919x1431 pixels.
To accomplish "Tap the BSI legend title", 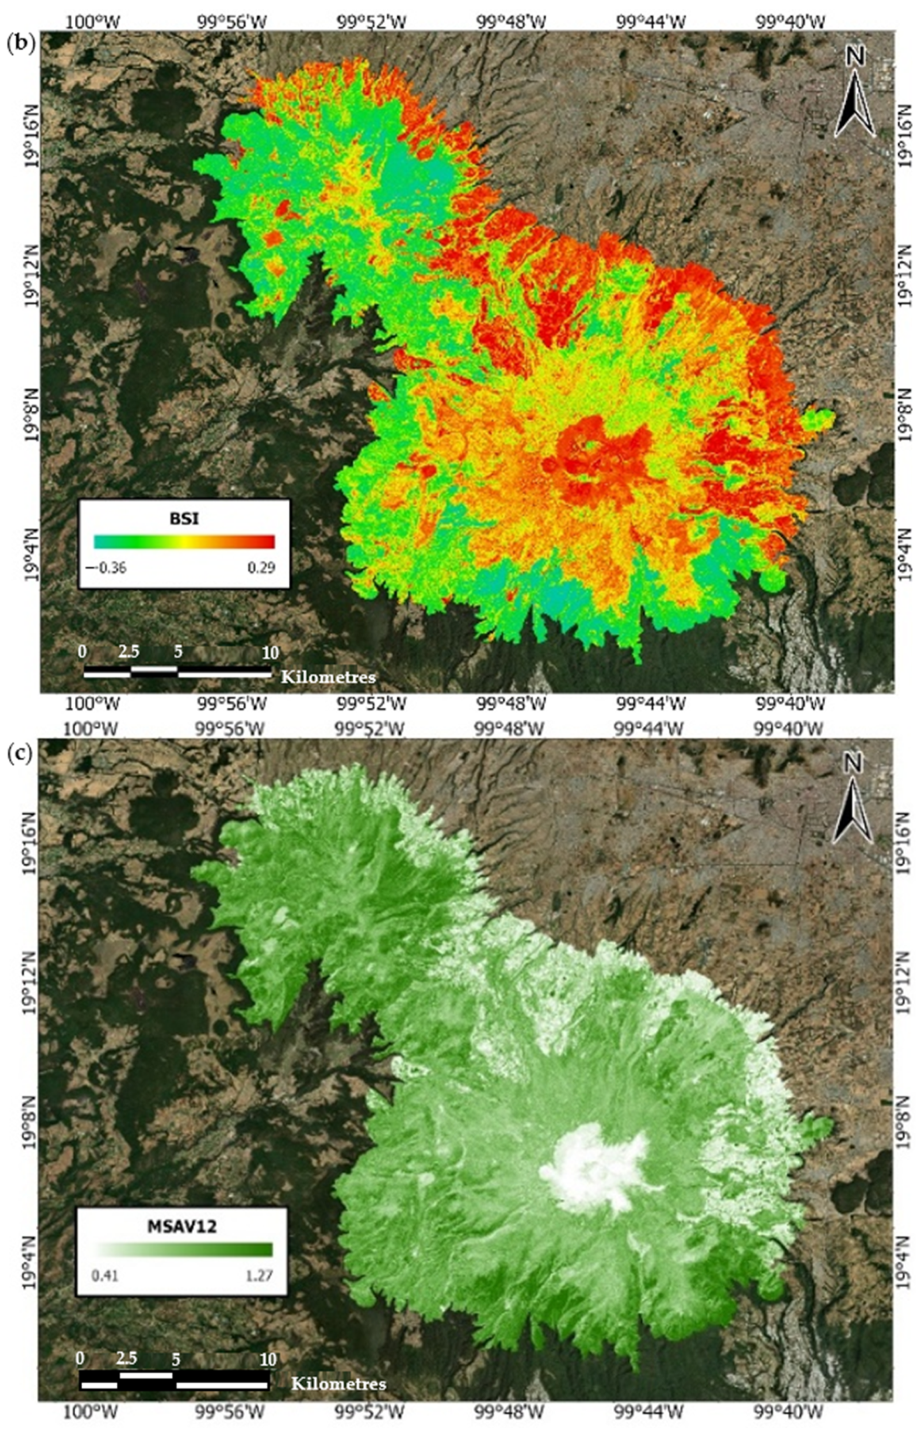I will [184, 519].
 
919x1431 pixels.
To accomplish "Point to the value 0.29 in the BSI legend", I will [261, 567].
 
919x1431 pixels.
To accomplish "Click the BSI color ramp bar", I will [184, 541].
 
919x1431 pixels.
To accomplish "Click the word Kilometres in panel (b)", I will [328, 677].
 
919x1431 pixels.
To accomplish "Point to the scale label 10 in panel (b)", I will [270, 653].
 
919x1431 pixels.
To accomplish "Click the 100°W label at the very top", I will [100, 23].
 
